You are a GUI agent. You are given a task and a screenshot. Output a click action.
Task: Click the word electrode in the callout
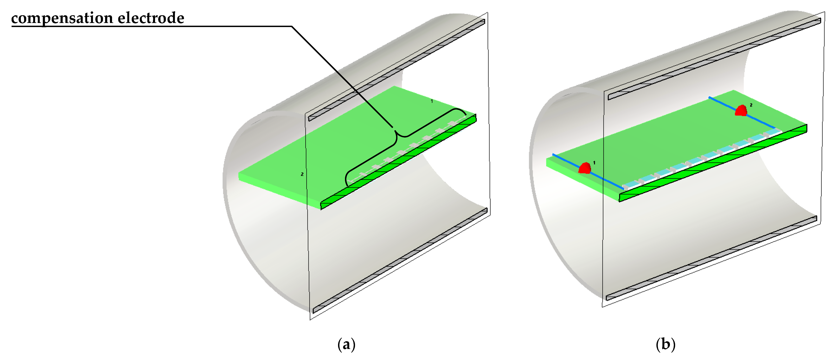tap(151, 18)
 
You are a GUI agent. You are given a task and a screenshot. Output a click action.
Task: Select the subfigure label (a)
tap(346, 344)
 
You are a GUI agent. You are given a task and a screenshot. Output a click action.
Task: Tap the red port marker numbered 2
tap(741, 110)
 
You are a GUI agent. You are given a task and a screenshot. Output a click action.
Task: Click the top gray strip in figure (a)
tap(396, 70)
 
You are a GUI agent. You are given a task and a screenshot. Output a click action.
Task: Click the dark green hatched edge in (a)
tap(399, 162)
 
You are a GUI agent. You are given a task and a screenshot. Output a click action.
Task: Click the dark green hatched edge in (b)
tap(713, 162)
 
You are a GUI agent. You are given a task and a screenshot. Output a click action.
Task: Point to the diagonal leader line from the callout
tap(340, 75)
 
